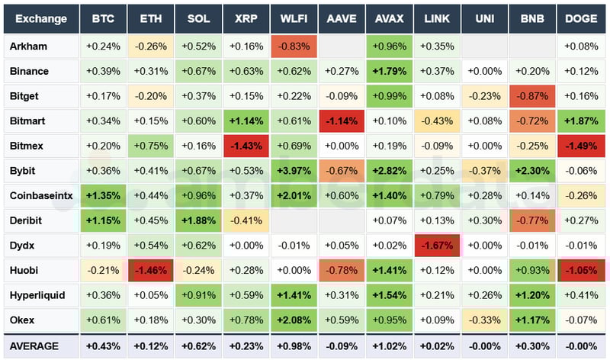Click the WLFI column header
tap(294, 18)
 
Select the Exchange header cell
tap(40, 18)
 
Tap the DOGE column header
tap(580, 18)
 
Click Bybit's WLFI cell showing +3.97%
tap(294, 170)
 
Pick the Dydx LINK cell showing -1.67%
tap(437, 246)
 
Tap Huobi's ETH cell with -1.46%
tap(150, 271)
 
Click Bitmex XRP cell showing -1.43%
tap(246, 146)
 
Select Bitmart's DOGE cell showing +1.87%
tap(580, 121)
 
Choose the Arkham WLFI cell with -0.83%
tap(294, 46)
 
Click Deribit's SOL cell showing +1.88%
tap(198, 220)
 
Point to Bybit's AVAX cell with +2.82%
tap(389, 170)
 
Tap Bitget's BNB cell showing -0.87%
tap(532, 96)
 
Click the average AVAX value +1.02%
tap(389, 346)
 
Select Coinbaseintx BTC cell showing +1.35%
tap(103, 195)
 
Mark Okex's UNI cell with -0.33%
tap(484, 320)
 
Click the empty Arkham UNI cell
tap(484, 46)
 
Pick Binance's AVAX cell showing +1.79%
tap(389, 71)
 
